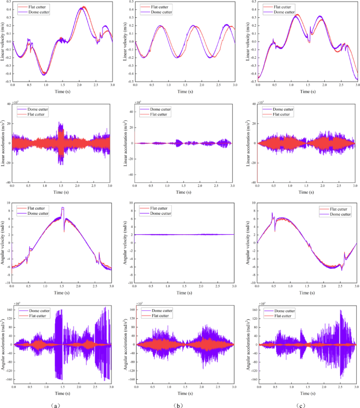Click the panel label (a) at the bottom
61,403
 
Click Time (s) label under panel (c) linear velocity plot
307,92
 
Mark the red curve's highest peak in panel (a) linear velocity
84,7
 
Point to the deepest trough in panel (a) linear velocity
45,75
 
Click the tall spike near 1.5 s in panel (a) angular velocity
63,208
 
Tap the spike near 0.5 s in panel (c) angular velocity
272,213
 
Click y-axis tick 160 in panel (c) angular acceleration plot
253,310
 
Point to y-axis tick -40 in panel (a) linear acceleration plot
7,182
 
